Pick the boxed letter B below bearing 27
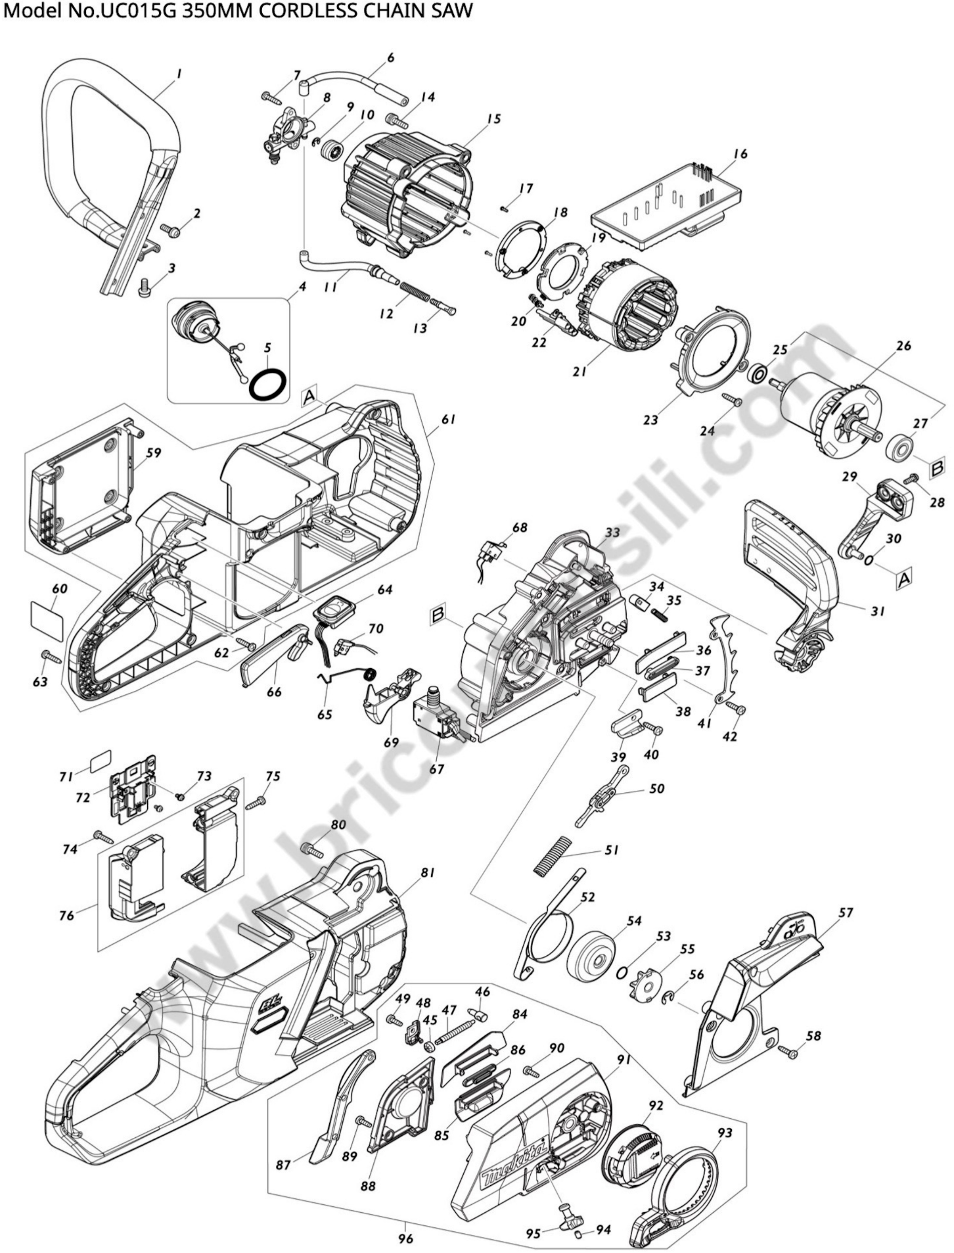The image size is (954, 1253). (937, 469)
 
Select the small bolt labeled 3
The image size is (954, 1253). (144, 290)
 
